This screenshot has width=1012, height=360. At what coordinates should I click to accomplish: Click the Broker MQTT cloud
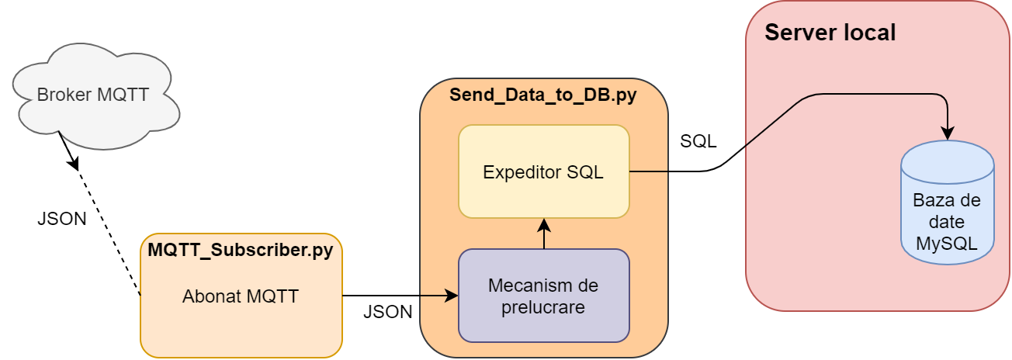pyautogui.click(x=93, y=97)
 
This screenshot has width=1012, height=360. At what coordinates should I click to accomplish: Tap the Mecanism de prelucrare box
pyautogui.click(x=543, y=296)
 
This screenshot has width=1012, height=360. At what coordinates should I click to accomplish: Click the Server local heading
pyautogui.click(x=830, y=33)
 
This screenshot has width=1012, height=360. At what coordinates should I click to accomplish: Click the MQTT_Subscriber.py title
pyautogui.click(x=241, y=251)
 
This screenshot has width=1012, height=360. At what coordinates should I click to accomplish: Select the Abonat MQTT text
pyautogui.click(x=241, y=296)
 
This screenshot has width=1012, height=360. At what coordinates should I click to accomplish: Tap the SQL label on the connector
pyautogui.click(x=698, y=141)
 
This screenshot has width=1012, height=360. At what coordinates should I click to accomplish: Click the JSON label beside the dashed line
pyautogui.click(x=61, y=219)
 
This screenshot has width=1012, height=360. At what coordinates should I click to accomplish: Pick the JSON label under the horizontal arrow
pyautogui.click(x=387, y=313)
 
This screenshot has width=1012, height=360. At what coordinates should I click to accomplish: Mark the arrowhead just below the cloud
pyautogui.click(x=75, y=164)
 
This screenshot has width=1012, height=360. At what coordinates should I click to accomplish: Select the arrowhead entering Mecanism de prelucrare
pyautogui.click(x=452, y=296)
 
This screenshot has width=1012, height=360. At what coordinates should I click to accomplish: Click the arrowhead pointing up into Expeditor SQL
pyautogui.click(x=544, y=225)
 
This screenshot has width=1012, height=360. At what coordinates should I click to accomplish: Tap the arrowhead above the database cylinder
pyautogui.click(x=948, y=133)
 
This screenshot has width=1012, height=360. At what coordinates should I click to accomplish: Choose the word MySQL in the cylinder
pyautogui.click(x=947, y=243)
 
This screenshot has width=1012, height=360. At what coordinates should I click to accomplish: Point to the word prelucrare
pyautogui.click(x=543, y=306)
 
